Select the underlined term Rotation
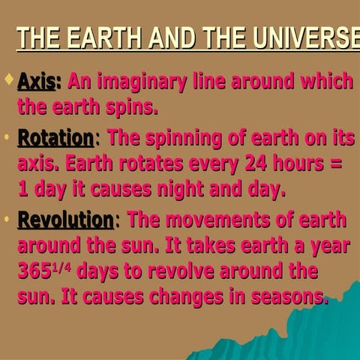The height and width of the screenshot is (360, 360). coord(55,138)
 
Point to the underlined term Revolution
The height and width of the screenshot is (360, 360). coord(64,220)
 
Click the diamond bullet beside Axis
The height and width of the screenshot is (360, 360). coord(8,78)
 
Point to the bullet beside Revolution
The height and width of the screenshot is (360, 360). coord(7,220)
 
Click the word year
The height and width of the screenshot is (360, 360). coord(328,245)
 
